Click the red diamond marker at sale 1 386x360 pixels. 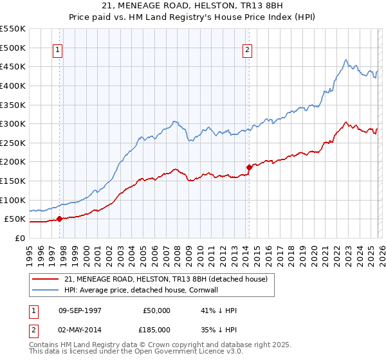59,219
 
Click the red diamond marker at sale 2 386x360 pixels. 249,167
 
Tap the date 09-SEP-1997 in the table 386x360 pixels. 80,310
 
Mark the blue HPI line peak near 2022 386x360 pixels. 346,60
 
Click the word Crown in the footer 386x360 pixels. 177,345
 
